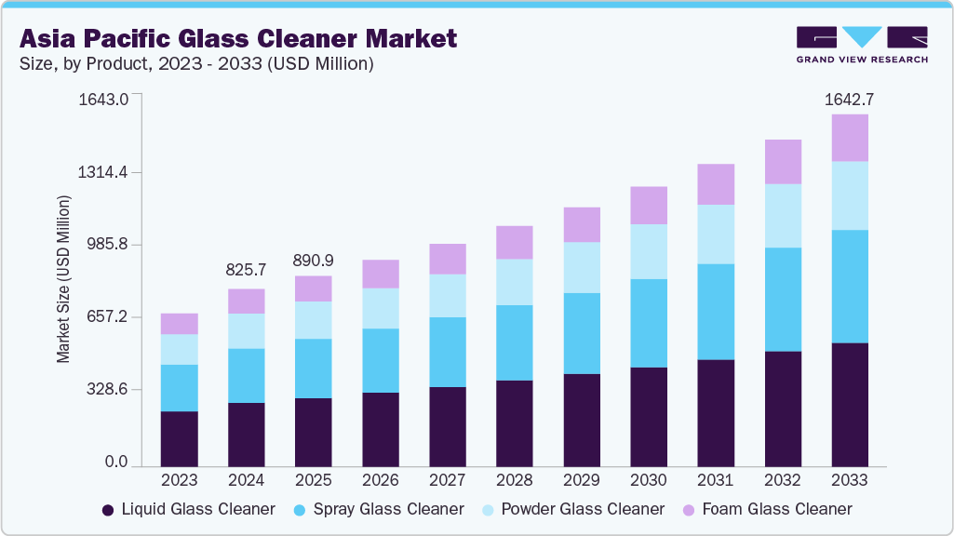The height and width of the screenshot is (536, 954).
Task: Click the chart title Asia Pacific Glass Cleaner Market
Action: click(238, 38)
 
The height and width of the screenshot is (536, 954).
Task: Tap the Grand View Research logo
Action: click(861, 45)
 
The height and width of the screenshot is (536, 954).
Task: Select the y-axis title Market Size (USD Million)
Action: click(63, 279)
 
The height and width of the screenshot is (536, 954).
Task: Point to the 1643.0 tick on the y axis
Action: click(110, 100)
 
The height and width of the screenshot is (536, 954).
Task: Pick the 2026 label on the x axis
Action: click(381, 481)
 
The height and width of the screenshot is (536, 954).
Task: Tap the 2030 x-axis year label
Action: click(649, 481)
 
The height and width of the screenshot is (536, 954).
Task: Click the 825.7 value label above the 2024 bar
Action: click(247, 270)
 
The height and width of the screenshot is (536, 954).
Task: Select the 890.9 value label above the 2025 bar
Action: click(314, 261)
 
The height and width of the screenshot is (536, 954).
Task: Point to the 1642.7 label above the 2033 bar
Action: click(850, 99)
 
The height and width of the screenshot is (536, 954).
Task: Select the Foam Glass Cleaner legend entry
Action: click(769, 509)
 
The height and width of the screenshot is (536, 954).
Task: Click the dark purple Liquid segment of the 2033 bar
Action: click(850, 405)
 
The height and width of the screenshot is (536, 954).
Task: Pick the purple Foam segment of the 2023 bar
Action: click(180, 324)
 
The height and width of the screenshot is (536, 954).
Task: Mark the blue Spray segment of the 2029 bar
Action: click(582, 333)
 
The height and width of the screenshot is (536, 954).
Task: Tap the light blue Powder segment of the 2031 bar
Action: click(716, 234)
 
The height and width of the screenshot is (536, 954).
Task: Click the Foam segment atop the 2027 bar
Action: click(448, 259)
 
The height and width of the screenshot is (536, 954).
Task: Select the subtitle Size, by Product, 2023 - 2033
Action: click(196, 64)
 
